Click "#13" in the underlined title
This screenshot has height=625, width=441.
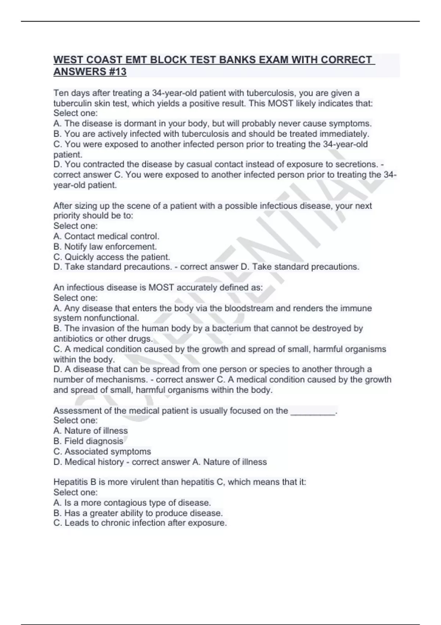coord(117,72)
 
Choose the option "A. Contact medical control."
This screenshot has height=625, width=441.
coord(106,236)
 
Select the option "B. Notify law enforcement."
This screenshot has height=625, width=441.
coord(105,246)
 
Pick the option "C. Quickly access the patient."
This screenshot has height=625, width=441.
coord(112,257)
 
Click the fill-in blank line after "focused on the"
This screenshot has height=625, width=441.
coord(313,411)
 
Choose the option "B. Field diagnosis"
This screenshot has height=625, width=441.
coord(88,441)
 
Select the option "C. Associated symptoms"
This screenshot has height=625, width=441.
coord(102,451)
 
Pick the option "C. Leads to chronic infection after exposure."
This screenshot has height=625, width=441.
coord(140,523)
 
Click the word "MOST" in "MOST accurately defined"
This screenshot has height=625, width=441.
coord(161,287)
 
